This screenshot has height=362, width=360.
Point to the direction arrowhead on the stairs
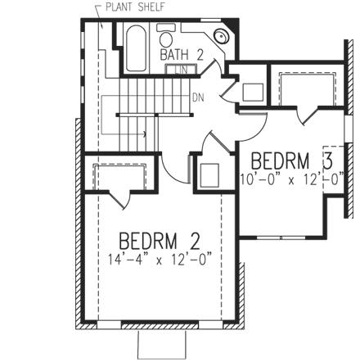145,131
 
